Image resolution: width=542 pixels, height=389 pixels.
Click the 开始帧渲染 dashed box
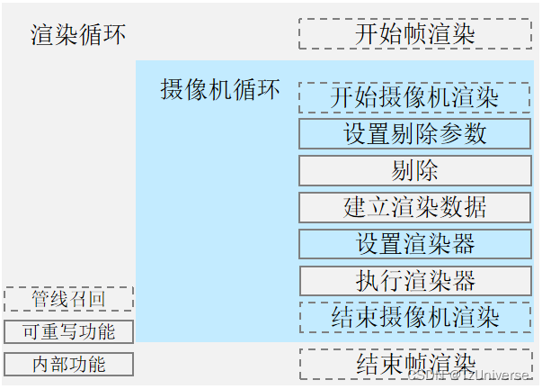414,33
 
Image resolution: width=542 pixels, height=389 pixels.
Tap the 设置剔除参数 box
414,133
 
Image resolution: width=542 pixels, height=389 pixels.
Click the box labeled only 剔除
414,170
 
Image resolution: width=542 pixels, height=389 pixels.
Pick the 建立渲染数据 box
414,206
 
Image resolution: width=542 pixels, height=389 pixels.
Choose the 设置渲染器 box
414,243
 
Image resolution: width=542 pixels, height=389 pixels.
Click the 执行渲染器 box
414,280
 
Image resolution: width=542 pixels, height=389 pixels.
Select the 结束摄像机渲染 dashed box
414,317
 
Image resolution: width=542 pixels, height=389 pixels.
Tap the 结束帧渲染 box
414,363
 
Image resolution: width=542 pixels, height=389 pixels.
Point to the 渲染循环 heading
79,35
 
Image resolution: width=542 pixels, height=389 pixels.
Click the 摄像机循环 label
220,90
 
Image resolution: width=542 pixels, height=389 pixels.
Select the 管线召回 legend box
68,299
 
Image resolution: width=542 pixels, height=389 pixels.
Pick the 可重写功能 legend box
68,331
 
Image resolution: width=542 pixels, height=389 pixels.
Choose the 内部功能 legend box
68,365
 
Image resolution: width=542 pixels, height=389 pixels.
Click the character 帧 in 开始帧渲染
414,33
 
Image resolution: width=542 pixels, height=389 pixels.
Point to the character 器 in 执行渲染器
463,280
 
